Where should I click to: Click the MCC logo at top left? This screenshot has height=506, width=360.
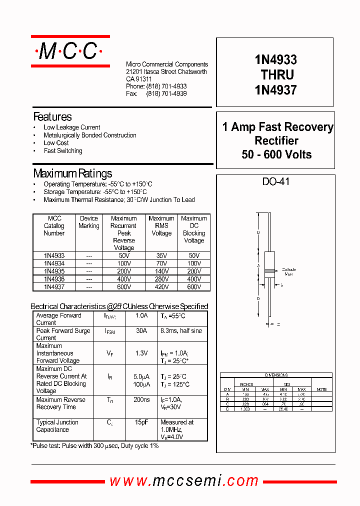[70, 51]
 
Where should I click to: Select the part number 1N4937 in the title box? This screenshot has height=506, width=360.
[275, 90]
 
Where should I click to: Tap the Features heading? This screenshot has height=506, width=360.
[52, 117]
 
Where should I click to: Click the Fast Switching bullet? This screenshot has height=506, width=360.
[62, 151]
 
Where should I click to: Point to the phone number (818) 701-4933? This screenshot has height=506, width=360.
[166, 86]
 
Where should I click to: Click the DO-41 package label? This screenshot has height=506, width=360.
[276, 181]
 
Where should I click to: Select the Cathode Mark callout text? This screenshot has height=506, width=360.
[288, 271]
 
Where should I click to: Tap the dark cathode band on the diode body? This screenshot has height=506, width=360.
[270, 271]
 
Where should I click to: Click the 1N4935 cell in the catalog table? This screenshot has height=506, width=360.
[54, 271]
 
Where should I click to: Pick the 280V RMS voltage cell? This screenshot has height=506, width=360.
[161, 279]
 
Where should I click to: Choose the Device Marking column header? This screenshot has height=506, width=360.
[89, 222]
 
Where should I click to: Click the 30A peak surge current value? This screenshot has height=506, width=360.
[141, 331]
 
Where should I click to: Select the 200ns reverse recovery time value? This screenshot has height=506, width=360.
[141, 400]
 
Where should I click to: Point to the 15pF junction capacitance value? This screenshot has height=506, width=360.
[141, 422]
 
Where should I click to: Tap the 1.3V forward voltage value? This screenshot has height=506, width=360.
[141, 353]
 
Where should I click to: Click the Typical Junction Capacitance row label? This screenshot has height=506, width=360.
[57, 426]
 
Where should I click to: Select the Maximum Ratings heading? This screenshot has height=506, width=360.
[72, 174]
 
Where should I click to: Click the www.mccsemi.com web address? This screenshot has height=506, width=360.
[184, 481]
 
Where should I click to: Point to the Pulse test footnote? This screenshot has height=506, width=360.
[95, 445]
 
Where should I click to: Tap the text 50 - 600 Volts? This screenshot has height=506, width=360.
[276, 154]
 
